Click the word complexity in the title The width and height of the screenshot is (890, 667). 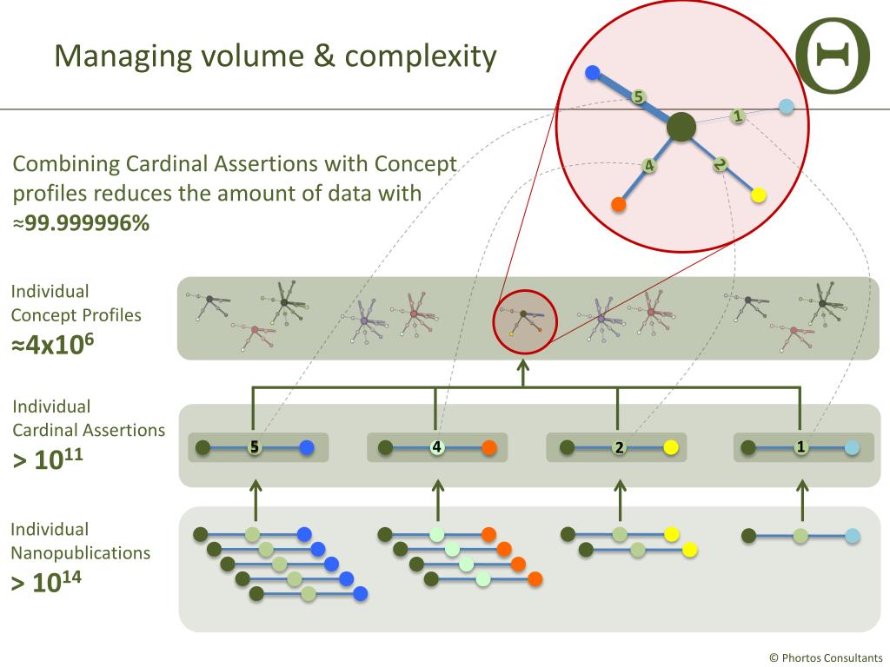click(x=421, y=56)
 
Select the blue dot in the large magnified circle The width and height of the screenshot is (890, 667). click(x=593, y=74)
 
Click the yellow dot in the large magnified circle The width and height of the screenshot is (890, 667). click(x=758, y=195)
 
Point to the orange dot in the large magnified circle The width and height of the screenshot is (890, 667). click(x=619, y=205)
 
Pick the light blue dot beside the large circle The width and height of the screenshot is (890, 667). click(x=787, y=107)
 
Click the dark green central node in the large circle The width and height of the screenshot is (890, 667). click(x=681, y=128)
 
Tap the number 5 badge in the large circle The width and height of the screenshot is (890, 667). click(x=638, y=97)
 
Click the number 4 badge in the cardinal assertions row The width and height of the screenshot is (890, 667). click(x=437, y=447)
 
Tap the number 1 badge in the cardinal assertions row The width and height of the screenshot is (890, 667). click(x=800, y=447)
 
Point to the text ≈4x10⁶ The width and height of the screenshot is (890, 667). click(x=53, y=344)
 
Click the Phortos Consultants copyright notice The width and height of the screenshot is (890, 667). click(x=826, y=657)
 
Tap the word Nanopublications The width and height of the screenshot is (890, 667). click(x=80, y=553)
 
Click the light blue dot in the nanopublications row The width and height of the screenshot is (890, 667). click(x=853, y=536)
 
